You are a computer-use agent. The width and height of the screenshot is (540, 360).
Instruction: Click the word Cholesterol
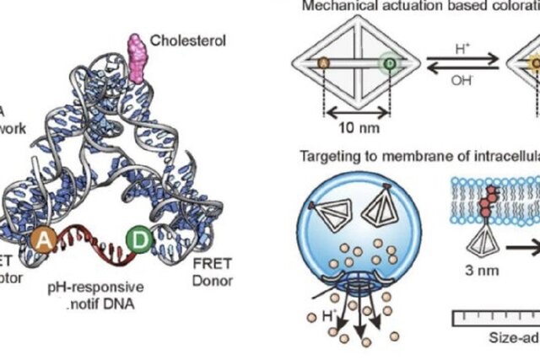(188, 40)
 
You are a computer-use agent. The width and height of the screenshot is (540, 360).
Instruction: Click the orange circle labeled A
(44, 242)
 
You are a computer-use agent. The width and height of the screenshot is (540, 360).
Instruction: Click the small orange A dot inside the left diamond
(323, 63)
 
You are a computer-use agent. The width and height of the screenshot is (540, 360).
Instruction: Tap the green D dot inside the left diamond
(389, 63)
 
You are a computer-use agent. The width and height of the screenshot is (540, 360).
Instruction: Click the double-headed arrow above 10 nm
(358, 110)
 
